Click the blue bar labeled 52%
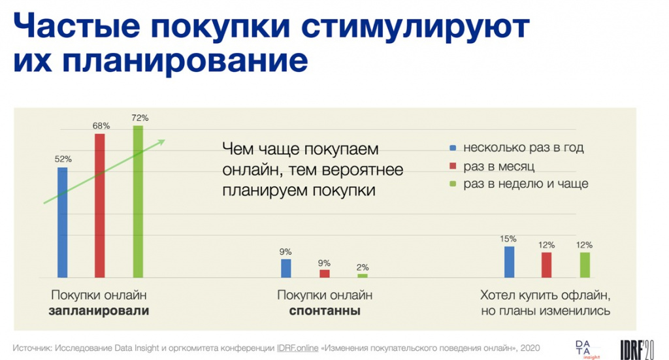62,222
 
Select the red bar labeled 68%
99,206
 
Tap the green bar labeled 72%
138,201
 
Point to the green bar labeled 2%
363,276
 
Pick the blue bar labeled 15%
509,262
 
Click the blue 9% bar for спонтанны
286,269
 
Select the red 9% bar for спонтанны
325,273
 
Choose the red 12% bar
547,265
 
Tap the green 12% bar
585,265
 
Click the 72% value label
140,118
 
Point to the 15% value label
508,239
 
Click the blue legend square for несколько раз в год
453,148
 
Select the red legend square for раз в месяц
453,166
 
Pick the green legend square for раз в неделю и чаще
453,184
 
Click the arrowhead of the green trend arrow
161,142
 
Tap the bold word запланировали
99,310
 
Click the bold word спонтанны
325,310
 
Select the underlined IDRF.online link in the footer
297,348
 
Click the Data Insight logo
587,350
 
